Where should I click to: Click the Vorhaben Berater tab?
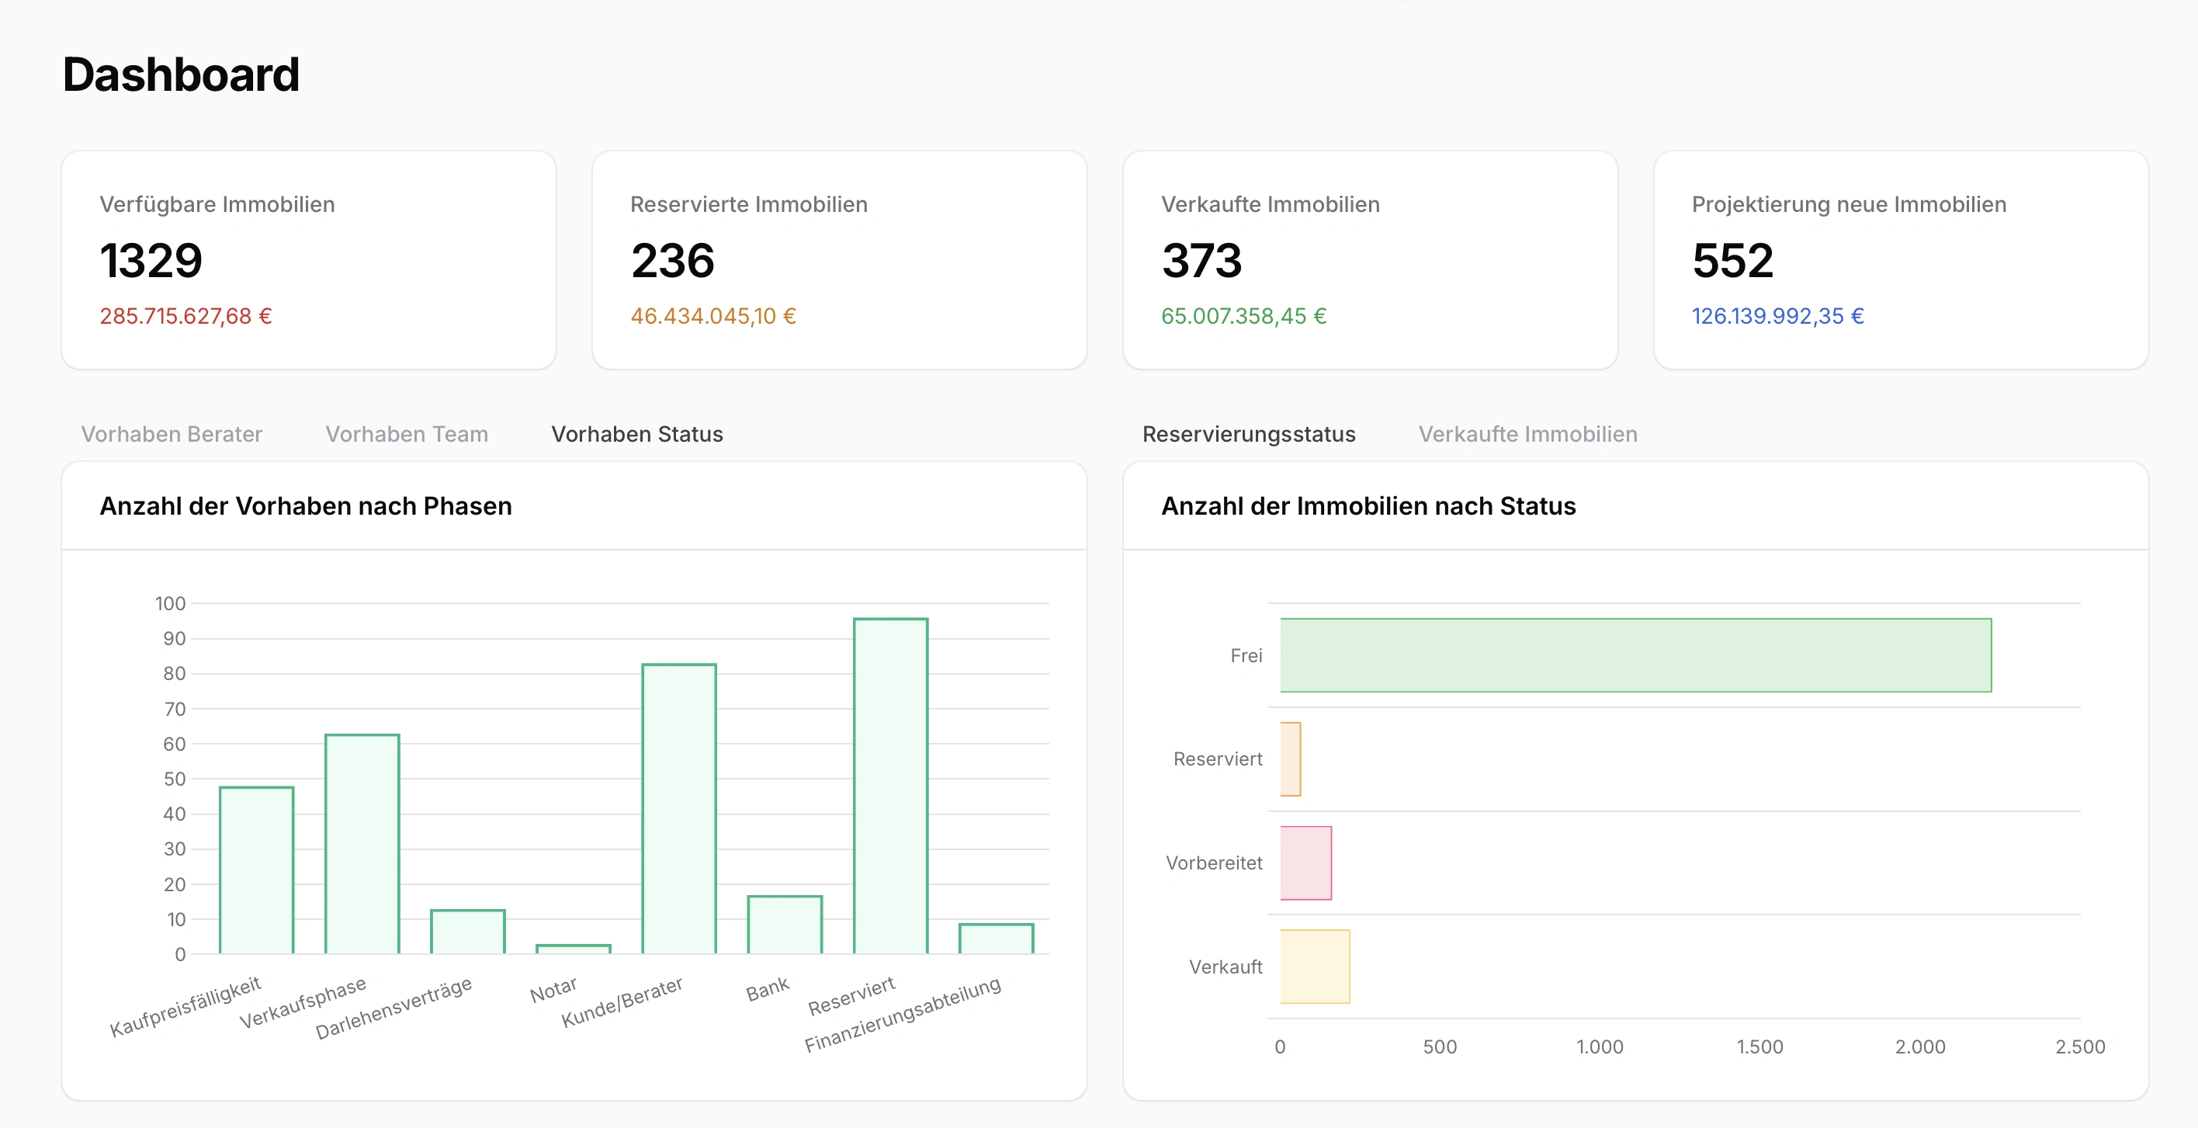[172, 434]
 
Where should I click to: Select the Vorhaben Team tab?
[406, 434]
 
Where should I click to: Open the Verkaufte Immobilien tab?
[1527, 434]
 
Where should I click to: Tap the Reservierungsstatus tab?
[1248, 434]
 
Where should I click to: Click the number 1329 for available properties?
[151, 260]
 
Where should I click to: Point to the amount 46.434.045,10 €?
[712, 317]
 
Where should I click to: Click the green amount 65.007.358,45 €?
[1243, 317]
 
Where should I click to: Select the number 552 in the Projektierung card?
[1732, 260]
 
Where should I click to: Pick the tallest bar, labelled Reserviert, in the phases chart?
[890, 785]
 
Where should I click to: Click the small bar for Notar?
[574, 948]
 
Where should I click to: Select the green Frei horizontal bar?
[1635, 655]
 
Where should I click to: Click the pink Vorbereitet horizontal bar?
[1305, 862]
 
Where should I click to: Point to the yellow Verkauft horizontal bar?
[1315, 967]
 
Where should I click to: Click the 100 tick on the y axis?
[171, 604]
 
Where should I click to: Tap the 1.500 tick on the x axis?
[1759, 1047]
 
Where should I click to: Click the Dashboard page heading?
[181, 75]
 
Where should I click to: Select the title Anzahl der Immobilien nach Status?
[1368, 506]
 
